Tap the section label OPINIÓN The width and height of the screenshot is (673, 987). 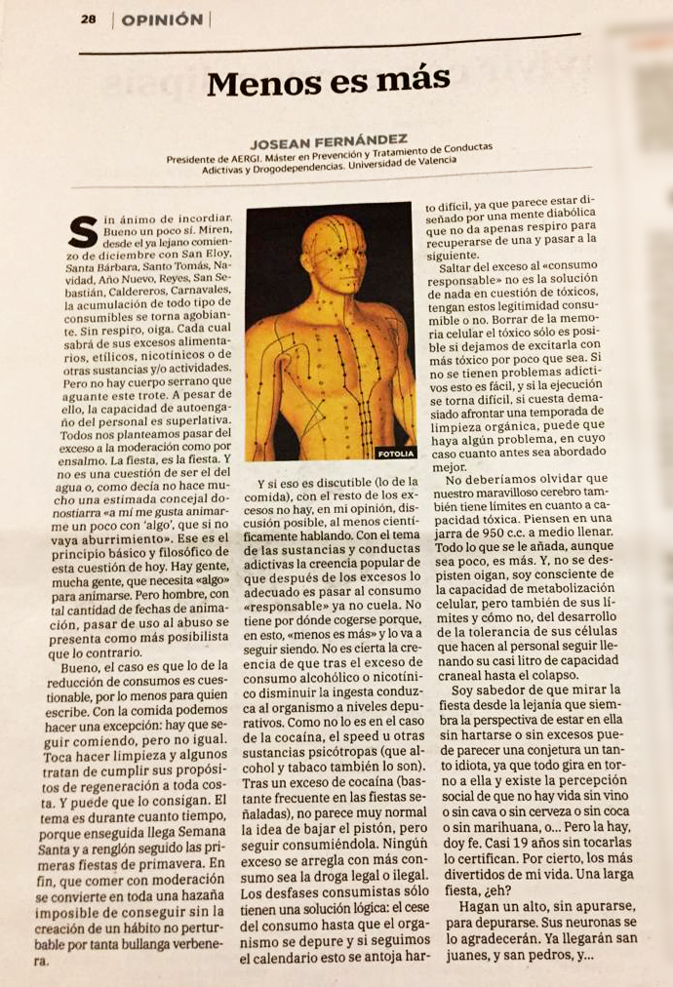click(162, 20)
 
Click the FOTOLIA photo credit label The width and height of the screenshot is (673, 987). click(395, 453)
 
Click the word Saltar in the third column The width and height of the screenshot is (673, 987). click(467, 263)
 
